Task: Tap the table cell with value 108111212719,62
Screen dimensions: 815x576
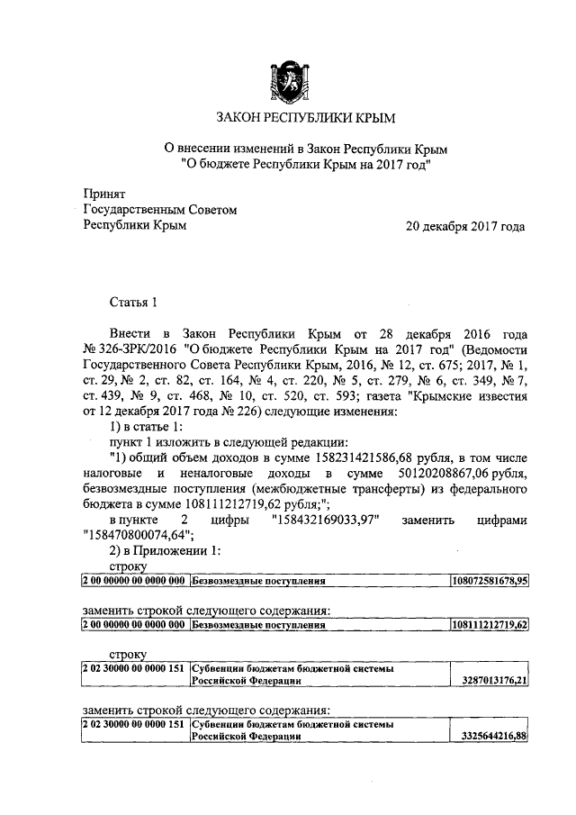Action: point(489,623)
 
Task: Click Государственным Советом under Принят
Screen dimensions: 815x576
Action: point(159,210)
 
